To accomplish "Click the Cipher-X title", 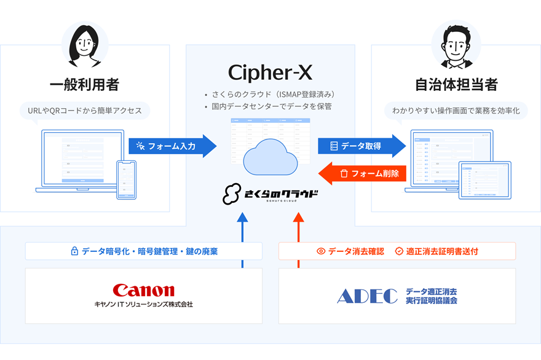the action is [x=270, y=72].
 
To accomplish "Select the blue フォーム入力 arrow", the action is [x=172, y=146].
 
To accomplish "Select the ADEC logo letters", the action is [x=367, y=296].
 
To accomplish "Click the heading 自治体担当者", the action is [x=456, y=84].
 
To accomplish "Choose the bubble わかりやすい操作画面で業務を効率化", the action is [x=456, y=111].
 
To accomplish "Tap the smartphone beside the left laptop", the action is [x=126, y=179].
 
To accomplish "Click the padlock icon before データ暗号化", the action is [x=74, y=251].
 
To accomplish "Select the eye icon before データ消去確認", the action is [x=320, y=251].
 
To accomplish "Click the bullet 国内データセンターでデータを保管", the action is [x=274, y=107].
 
